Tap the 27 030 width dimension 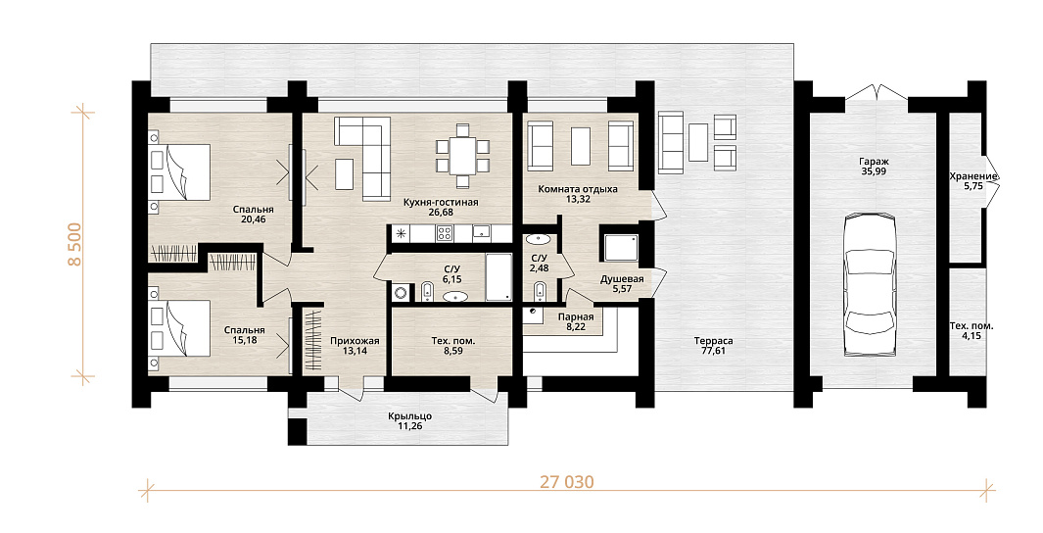pos(566,482)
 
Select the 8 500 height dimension pos(75,244)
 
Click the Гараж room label pos(873,162)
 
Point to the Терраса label pos(717,341)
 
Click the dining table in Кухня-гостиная pos(463,156)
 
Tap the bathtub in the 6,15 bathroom pos(498,277)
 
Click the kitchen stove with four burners pos(445,233)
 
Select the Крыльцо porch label pos(409,416)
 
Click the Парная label pos(576,317)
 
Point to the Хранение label pos(973,176)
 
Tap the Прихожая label pos(355,341)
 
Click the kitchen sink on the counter pos(482,233)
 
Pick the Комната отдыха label pos(578,189)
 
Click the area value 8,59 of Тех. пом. pos(453,351)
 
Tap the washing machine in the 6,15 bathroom pos(402,293)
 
